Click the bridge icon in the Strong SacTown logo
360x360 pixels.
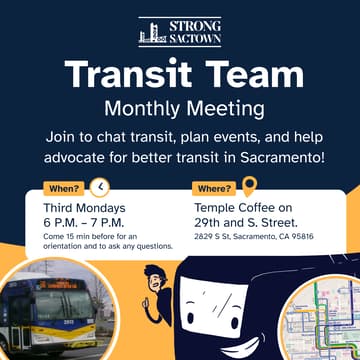click(x=150, y=33)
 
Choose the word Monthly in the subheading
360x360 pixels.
click(x=144, y=107)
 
